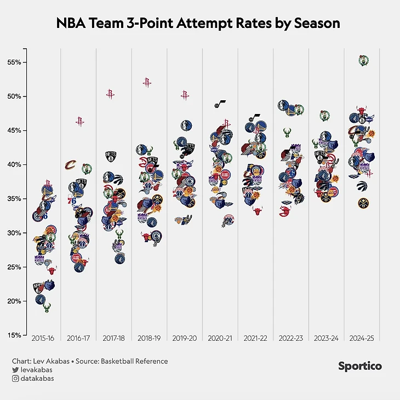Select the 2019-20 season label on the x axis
click(x=184, y=339)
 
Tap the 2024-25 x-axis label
click(x=362, y=339)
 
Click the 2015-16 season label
click(x=42, y=339)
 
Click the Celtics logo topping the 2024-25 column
click(x=363, y=60)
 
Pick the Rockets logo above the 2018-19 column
click(x=147, y=83)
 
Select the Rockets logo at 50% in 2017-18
click(x=110, y=94)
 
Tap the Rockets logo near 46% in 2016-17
click(x=80, y=122)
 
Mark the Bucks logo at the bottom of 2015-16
click(x=47, y=307)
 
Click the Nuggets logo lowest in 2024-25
click(x=363, y=203)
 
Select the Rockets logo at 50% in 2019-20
click(x=185, y=95)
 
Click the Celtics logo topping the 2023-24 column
click(x=324, y=116)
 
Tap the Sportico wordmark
click(x=360, y=366)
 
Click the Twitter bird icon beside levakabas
click(x=15, y=370)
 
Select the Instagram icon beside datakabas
click(x=15, y=378)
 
